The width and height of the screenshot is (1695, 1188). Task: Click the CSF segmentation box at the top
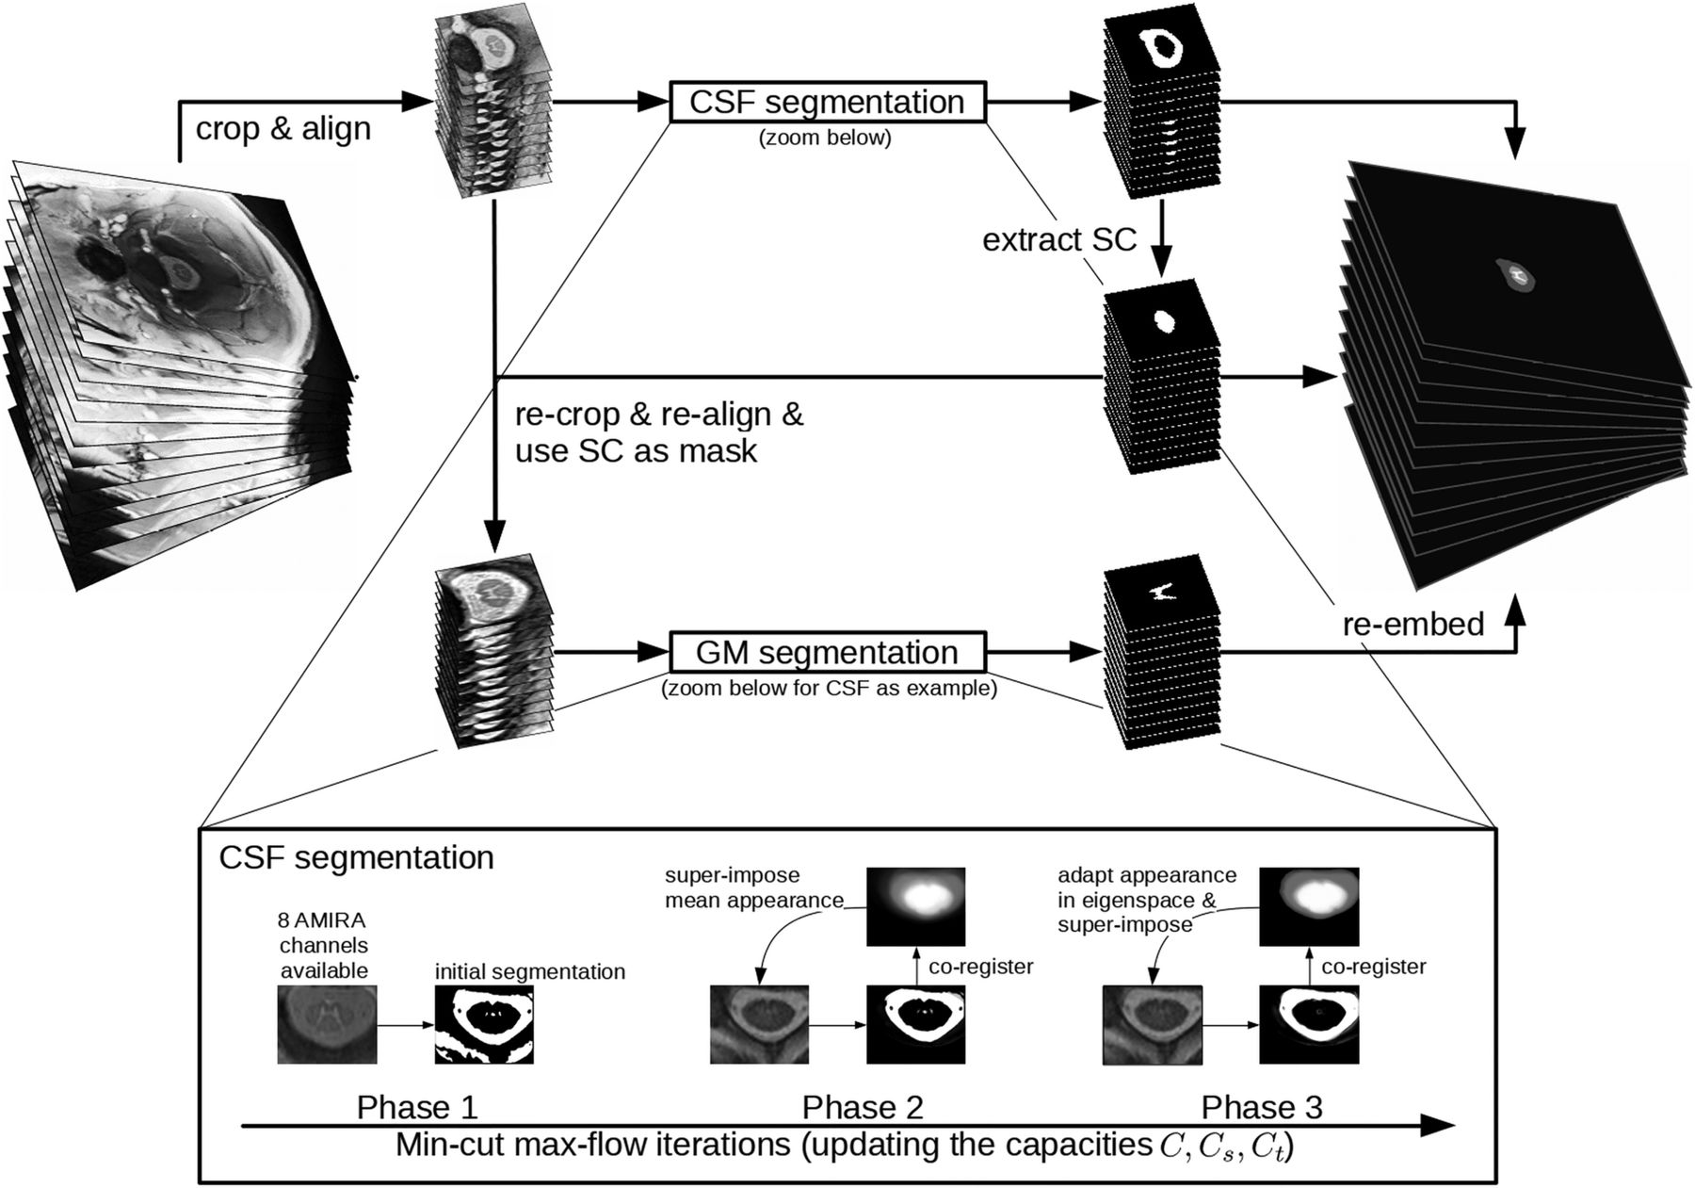coord(828,102)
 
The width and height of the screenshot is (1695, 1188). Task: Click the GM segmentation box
coord(828,652)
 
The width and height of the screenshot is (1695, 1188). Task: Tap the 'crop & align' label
coord(282,129)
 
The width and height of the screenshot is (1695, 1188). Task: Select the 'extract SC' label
coord(1059,239)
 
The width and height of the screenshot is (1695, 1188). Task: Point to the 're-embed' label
coord(1413,624)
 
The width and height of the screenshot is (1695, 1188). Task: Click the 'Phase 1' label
coord(417,1107)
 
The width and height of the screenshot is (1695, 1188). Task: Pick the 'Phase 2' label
coord(863,1107)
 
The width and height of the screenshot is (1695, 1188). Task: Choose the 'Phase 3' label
coord(1262,1107)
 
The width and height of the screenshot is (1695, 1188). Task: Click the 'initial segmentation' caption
coord(530,971)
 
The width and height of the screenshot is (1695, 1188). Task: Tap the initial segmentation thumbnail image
coord(483,1024)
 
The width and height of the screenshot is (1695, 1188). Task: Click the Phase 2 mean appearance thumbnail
coord(915,906)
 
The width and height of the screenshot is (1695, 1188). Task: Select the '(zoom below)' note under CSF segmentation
coord(825,138)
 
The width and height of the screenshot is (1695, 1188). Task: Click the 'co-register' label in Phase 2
coord(981,967)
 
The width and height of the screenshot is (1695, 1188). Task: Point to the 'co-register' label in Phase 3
coord(1374,967)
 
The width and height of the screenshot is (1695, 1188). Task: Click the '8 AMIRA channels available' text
coord(324,945)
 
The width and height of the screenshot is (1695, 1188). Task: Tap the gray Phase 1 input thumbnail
coord(327,1024)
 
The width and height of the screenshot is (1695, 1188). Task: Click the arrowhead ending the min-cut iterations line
coord(1438,1125)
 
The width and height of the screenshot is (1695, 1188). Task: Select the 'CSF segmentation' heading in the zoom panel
coord(356,858)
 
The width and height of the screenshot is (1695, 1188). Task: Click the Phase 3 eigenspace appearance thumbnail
coord(1309,906)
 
